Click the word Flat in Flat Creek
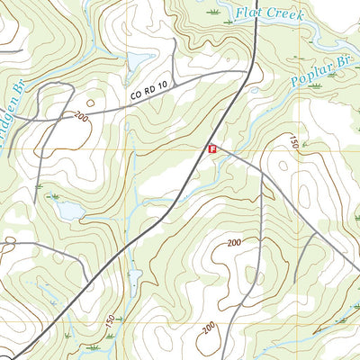click(248, 13)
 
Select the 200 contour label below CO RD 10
click(83, 116)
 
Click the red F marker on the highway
click(212, 149)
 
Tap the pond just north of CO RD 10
click(139, 61)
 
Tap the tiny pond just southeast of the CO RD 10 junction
click(256, 91)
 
